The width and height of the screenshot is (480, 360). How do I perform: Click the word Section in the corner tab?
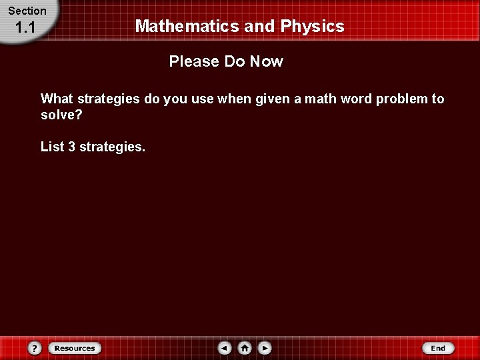click(27, 11)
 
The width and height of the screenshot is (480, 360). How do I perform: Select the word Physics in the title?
click(313, 27)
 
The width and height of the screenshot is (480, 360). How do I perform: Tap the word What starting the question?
click(57, 99)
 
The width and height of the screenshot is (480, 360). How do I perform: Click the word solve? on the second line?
click(61, 115)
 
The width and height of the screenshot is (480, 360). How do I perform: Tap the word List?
click(52, 146)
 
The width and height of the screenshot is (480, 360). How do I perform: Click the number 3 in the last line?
click(71, 146)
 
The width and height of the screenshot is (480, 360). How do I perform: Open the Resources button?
click(74, 348)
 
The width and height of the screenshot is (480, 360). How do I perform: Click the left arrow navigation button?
click(225, 348)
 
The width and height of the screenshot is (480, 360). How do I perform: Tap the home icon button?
click(245, 348)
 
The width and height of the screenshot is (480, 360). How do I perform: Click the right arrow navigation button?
click(265, 348)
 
